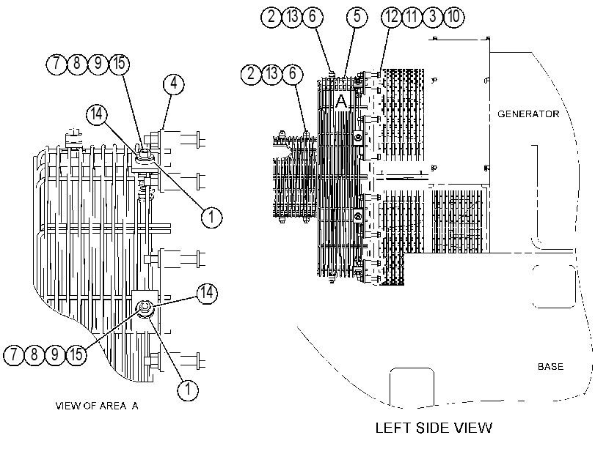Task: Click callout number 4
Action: click(174, 83)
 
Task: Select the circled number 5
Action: click(357, 17)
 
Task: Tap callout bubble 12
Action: click(392, 17)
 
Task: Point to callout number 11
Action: click(412, 17)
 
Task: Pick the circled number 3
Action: click(433, 17)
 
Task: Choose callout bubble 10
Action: click(453, 17)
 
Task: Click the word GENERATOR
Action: click(528, 114)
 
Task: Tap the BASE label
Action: click(550, 366)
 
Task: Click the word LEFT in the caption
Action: click(393, 428)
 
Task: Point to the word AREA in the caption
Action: click(113, 406)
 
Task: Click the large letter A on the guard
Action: click(341, 102)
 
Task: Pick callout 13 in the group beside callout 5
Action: click(292, 17)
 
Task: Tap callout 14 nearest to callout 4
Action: click(97, 114)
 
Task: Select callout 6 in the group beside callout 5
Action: click(313, 17)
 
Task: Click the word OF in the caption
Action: click(91, 406)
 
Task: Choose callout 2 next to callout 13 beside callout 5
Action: click(271, 17)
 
